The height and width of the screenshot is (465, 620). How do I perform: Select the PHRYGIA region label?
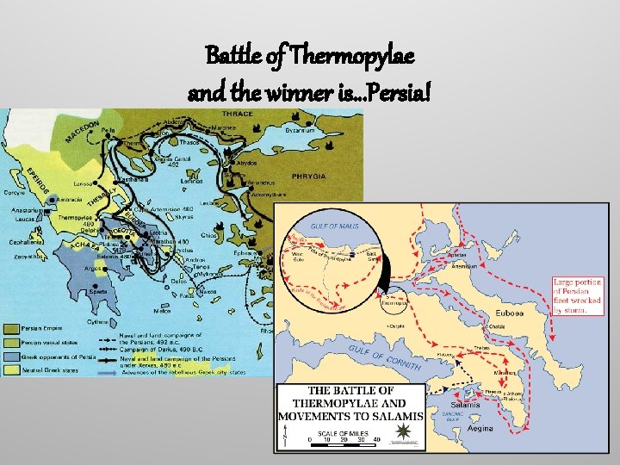pos(308,176)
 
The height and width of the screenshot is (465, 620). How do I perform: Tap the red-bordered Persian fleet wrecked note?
pos(579,296)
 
